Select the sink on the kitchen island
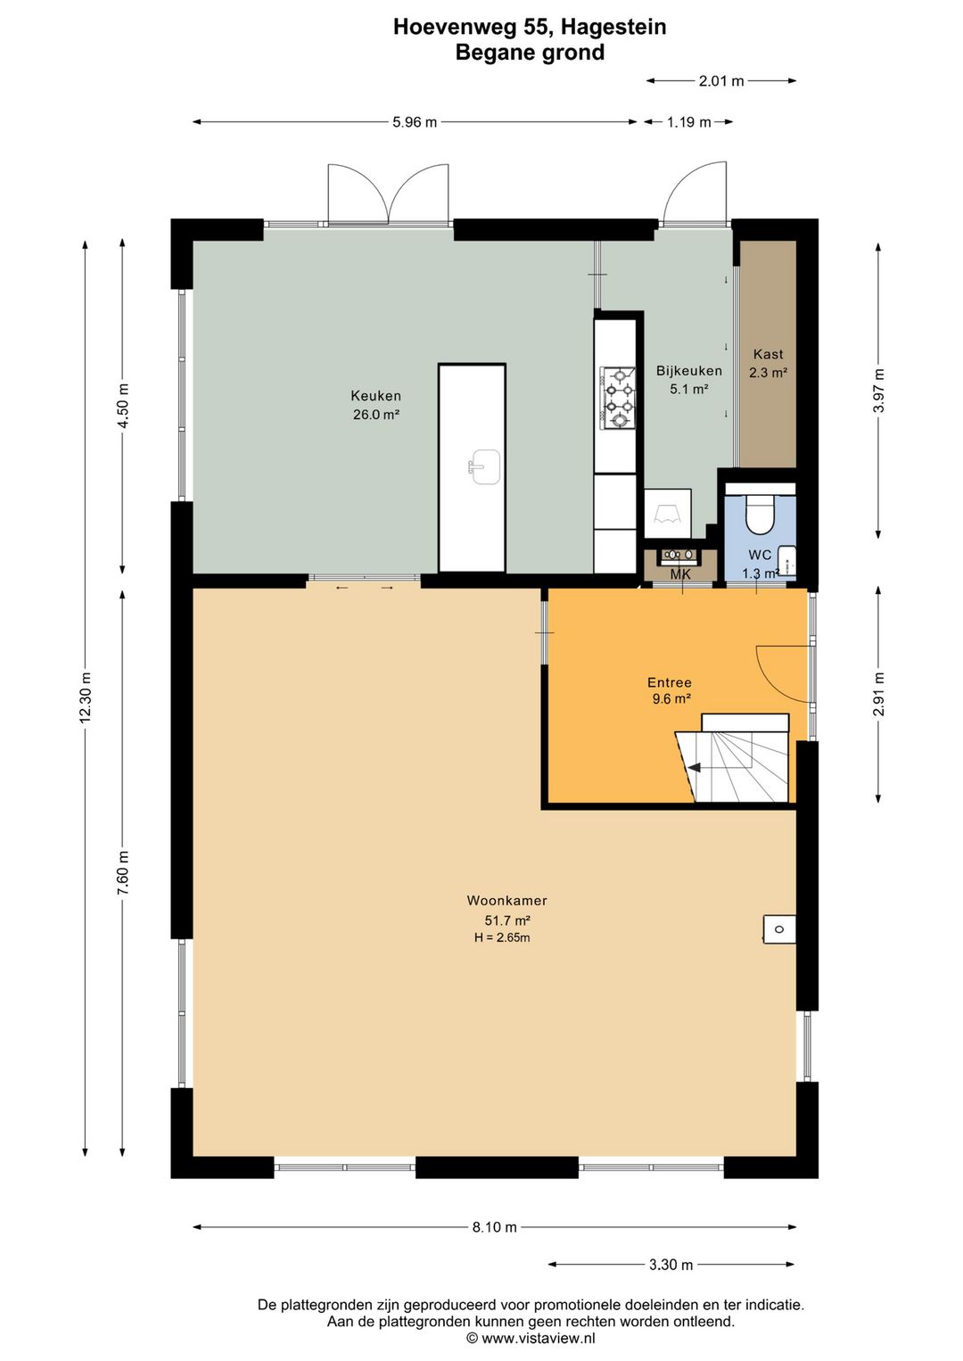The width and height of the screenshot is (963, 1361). point(484,467)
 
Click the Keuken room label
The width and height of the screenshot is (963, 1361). point(375,396)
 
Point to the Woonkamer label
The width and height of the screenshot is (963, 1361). point(506,901)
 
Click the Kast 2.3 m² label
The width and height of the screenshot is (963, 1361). point(768,363)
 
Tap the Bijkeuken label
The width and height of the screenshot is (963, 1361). point(689,371)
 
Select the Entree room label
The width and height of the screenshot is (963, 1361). point(670,682)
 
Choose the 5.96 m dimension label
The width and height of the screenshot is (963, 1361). point(415,122)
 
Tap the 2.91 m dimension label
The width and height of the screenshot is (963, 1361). point(878,693)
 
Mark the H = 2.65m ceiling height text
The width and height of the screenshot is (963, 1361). point(502,937)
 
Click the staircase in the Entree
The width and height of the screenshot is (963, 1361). point(732,758)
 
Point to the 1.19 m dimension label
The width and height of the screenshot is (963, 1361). point(688,122)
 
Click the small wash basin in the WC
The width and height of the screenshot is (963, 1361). point(788,560)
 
